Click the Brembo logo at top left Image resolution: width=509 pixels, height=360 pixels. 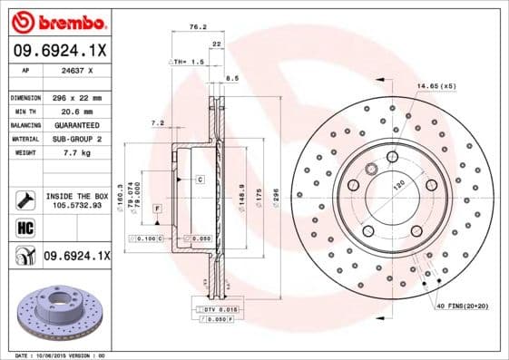point(59,20)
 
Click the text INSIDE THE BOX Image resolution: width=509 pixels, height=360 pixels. point(75,196)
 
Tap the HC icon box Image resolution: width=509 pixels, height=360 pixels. point(25,228)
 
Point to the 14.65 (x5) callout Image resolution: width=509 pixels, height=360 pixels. point(436,86)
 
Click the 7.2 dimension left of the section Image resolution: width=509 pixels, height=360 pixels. point(156,122)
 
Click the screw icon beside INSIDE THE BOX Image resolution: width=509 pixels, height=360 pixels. point(24,198)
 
